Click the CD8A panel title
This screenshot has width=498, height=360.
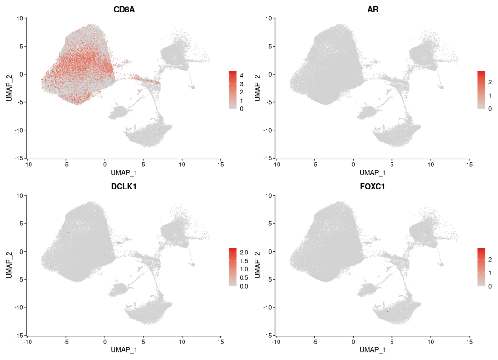click(124, 9)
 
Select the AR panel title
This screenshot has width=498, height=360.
click(373, 9)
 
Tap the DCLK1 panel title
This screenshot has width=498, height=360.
click(124, 187)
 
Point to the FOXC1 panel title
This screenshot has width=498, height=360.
click(373, 187)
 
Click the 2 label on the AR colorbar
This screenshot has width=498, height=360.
click(490, 82)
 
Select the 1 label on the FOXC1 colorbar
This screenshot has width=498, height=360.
click(490, 273)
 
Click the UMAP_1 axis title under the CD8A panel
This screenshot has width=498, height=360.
click(124, 172)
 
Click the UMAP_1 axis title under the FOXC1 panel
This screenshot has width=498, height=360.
click(373, 350)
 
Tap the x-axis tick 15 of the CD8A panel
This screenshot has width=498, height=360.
click(221, 164)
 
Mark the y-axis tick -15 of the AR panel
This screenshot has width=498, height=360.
click(268, 158)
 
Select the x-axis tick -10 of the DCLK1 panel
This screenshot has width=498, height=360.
click(27, 342)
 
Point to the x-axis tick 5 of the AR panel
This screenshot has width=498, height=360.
click(392, 164)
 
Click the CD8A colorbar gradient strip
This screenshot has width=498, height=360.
click(233, 90)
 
